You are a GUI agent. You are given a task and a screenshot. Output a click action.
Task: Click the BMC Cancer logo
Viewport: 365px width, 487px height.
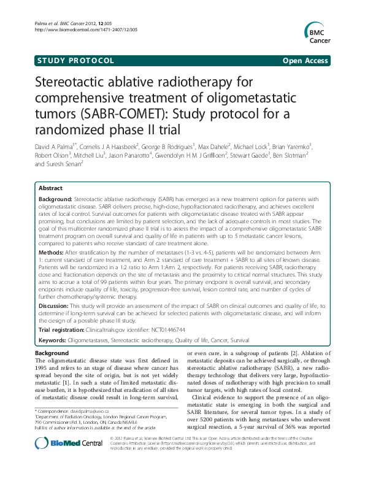point(318,33)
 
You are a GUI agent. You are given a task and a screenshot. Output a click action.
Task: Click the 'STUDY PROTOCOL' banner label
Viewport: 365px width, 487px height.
point(75,61)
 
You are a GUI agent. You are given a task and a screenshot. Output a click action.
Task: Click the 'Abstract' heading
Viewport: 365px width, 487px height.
point(50,188)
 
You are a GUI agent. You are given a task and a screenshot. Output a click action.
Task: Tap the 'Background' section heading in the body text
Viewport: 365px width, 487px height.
point(51,354)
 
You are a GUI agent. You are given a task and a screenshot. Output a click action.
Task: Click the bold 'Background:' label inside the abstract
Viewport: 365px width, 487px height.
point(55,199)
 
